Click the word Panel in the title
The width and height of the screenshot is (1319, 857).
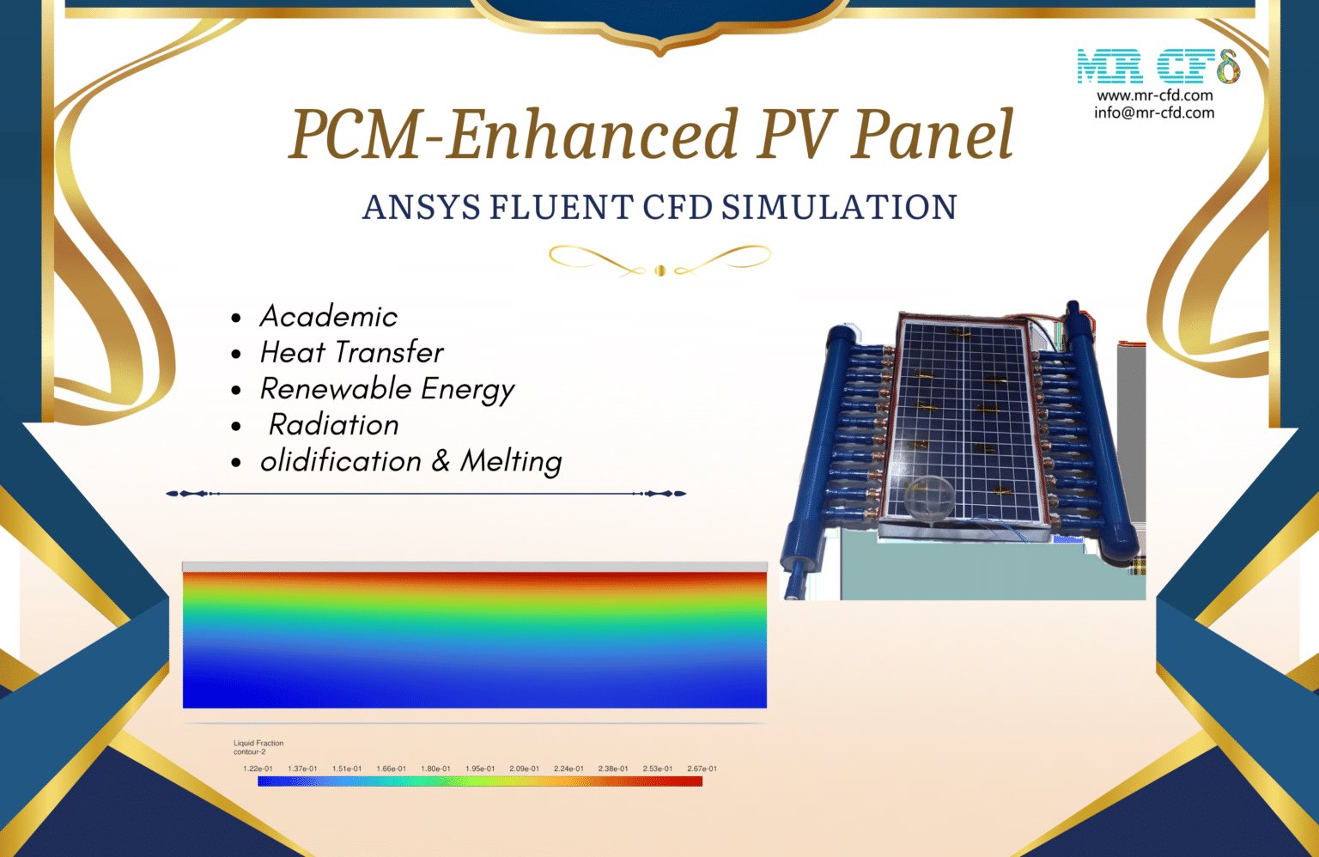click(x=933, y=135)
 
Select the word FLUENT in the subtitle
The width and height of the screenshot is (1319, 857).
click(x=562, y=208)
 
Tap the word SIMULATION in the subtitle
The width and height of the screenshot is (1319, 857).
click(x=839, y=208)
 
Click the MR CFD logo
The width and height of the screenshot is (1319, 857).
click(x=1158, y=66)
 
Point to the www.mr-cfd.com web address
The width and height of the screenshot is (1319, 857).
click(x=1154, y=95)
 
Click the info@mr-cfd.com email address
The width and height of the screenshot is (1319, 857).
click(x=1154, y=112)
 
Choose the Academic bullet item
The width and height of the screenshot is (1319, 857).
click(x=329, y=317)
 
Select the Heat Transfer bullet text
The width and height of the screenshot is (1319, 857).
click(x=352, y=353)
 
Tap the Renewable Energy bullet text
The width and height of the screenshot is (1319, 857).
click(x=387, y=389)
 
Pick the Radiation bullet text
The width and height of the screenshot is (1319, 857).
click(x=334, y=425)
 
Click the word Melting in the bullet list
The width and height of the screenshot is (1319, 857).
click(x=511, y=461)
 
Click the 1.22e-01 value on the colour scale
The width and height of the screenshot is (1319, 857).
click(x=258, y=769)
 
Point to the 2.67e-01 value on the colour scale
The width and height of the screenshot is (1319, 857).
click(x=702, y=769)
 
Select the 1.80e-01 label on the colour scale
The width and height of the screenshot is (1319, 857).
click(x=435, y=769)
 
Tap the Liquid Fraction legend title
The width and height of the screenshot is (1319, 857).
click(x=258, y=743)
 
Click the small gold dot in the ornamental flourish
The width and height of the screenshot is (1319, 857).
click(x=659, y=270)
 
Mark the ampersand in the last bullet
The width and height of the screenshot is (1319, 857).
click(x=441, y=461)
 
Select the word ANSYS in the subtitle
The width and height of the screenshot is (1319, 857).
click(x=421, y=208)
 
